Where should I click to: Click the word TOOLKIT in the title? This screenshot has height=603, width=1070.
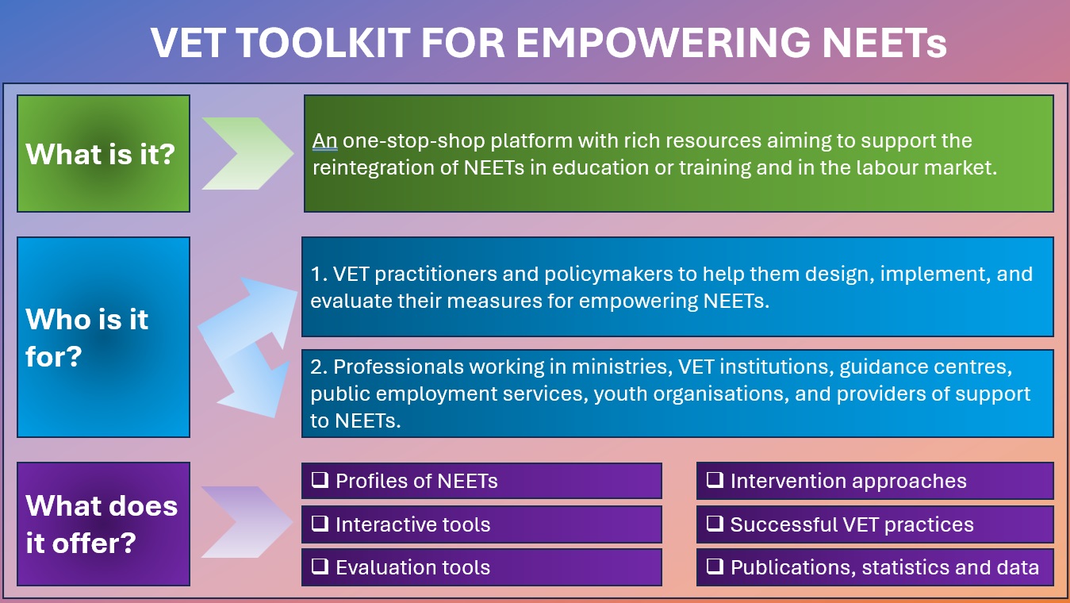(324, 43)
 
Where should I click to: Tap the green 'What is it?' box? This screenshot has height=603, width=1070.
(103, 153)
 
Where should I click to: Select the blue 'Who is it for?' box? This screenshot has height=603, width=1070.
(103, 337)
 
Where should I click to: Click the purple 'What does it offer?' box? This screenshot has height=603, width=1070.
(103, 524)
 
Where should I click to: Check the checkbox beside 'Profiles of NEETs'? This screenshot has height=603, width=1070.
(320, 480)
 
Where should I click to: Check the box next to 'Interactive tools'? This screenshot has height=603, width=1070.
(320, 524)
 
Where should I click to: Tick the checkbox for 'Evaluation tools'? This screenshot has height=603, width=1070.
(320, 567)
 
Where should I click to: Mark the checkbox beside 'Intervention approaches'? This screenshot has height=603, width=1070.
(715, 480)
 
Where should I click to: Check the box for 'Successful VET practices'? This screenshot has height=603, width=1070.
(715, 524)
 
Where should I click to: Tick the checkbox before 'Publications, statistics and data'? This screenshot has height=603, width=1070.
(715, 567)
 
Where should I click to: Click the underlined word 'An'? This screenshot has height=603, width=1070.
(325, 141)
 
